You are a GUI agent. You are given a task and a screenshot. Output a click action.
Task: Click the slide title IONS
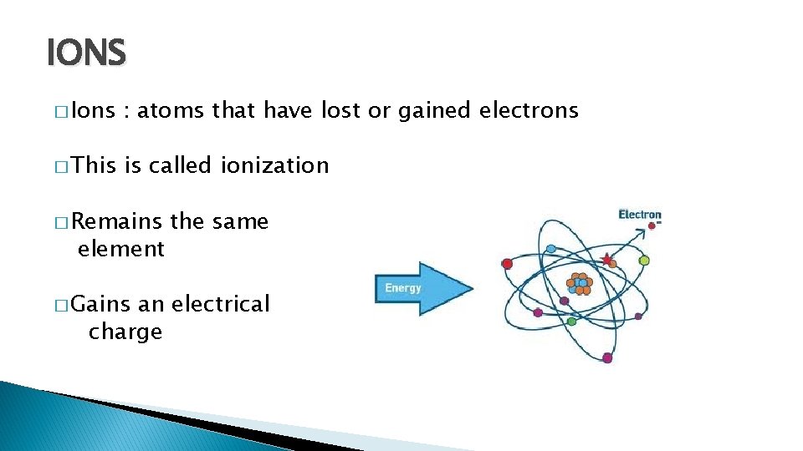(x=86, y=54)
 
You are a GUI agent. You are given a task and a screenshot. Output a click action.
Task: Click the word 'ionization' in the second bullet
(x=275, y=165)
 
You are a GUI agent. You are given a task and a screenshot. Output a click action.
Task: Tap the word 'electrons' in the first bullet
(x=529, y=110)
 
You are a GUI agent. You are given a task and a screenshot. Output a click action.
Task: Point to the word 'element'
(x=120, y=249)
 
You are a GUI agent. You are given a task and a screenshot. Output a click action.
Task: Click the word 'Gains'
(x=100, y=304)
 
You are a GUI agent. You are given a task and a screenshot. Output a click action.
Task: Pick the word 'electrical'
(x=220, y=304)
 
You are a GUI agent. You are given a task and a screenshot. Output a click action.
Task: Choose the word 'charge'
(x=125, y=332)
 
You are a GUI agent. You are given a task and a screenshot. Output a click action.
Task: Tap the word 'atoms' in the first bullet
(x=171, y=110)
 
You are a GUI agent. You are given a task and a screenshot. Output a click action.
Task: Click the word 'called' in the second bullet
(x=182, y=165)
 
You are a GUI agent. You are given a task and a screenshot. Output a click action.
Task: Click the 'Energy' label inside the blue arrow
(x=403, y=289)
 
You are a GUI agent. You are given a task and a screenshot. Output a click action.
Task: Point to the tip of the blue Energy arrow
(x=472, y=289)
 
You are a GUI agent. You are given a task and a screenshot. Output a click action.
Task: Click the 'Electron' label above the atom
(x=640, y=215)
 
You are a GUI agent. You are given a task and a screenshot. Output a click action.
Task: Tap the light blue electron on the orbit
(x=551, y=249)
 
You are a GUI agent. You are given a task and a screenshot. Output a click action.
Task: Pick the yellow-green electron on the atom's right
(x=644, y=261)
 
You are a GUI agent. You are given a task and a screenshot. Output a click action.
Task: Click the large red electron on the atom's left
(x=507, y=263)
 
